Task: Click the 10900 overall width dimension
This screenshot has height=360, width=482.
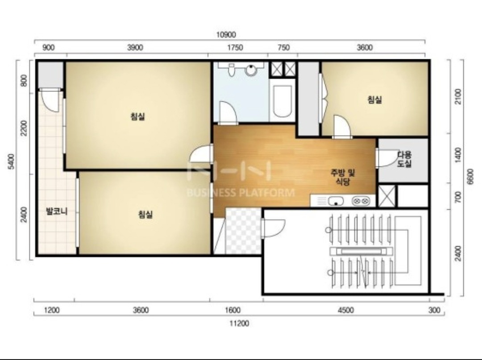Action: coord(226,35)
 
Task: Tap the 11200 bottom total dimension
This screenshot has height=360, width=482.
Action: coord(239,323)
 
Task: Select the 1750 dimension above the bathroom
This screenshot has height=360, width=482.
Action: coord(235,48)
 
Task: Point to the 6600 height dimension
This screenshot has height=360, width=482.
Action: coord(470,177)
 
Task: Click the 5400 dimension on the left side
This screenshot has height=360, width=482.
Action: coord(11,161)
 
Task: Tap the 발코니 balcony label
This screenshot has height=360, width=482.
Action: coord(57,211)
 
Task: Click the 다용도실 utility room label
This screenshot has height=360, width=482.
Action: coord(404,159)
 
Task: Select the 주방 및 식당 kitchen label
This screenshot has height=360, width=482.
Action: coord(343,177)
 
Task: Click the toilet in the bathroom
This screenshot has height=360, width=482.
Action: coord(231,70)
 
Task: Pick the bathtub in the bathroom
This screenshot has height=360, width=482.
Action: coord(282,101)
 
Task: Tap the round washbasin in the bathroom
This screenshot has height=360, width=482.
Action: coord(251,70)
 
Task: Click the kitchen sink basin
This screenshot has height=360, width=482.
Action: coord(336,201)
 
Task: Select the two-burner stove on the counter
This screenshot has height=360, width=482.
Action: coord(361,201)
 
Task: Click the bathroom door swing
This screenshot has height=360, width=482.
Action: coord(228,112)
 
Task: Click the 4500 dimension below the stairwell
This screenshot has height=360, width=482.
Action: coord(345,310)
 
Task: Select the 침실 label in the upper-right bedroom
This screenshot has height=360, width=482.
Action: coord(375,99)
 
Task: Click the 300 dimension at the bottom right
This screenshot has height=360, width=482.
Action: coord(434,310)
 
